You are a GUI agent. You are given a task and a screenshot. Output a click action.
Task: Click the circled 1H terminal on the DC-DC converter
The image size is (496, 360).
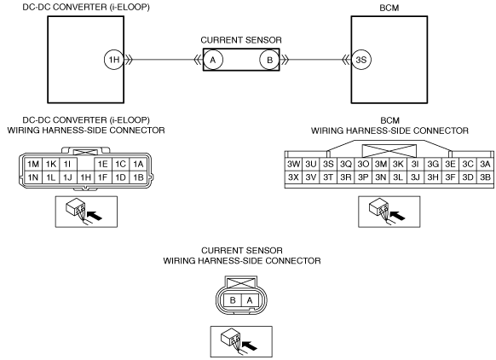tap(114, 60)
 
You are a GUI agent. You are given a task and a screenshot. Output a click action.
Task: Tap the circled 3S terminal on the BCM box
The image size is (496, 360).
tap(361, 60)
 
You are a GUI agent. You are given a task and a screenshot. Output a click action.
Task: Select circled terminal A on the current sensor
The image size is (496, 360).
tap(213, 60)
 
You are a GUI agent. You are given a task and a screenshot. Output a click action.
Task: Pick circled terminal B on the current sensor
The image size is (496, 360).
tap(269, 60)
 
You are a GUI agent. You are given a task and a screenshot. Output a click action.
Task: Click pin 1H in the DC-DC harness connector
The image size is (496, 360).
tap(86, 177)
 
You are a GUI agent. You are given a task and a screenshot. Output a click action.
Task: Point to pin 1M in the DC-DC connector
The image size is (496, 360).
tap(33, 164)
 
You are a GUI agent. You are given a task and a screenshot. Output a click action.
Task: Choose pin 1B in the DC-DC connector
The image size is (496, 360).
tap(138, 177)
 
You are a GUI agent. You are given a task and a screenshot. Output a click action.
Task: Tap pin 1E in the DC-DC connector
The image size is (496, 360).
tap(103, 164)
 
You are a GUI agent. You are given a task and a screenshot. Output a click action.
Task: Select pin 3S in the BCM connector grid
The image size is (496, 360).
tap(328, 164)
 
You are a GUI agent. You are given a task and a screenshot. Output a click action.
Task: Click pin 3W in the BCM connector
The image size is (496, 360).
tap(293, 164)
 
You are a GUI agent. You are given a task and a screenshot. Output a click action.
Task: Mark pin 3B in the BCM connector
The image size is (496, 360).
tap(485, 177)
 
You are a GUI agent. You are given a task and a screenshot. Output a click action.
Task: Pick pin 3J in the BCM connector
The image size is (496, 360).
tap(415, 177)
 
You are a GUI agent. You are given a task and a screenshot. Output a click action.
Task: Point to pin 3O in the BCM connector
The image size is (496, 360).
tap(363, 164)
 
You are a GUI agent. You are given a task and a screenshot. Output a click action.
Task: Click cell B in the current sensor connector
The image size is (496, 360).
tap(233, 299)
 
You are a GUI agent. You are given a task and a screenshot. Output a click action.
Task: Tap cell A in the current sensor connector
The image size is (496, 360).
tap(250, 299)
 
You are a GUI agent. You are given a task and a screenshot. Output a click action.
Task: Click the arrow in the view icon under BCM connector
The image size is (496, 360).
tap(397, 216)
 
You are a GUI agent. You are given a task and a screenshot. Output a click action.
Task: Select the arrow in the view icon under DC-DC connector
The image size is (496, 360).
tap(95, 216)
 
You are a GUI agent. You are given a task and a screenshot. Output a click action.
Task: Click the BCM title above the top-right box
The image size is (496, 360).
tap(389, 8)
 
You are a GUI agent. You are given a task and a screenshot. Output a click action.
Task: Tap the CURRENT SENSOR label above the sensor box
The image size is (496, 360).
tap(241, 40)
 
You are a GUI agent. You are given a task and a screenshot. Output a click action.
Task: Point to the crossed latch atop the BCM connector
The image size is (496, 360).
tap(389, 151)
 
